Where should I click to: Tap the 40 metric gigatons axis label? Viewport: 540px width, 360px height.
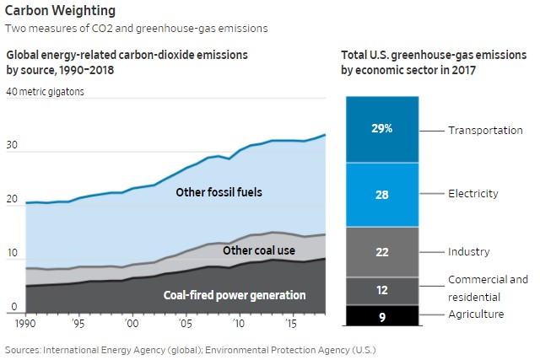point(46,92)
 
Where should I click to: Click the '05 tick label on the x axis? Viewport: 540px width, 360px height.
point(184,323)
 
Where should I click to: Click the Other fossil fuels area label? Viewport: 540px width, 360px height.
point(219,192)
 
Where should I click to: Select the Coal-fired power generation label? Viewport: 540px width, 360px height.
point(235,295)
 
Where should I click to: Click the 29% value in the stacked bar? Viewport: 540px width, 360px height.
point(381,129)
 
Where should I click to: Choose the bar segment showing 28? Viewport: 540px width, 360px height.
point(381,195)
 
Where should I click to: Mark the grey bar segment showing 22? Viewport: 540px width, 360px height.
point(381,252)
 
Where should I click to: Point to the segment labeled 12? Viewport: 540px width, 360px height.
point(381,290)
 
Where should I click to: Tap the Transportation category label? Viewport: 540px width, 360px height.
point(485,130)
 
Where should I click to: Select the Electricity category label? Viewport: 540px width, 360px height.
point(474,193)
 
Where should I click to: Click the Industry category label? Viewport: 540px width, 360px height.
point(469,251)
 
